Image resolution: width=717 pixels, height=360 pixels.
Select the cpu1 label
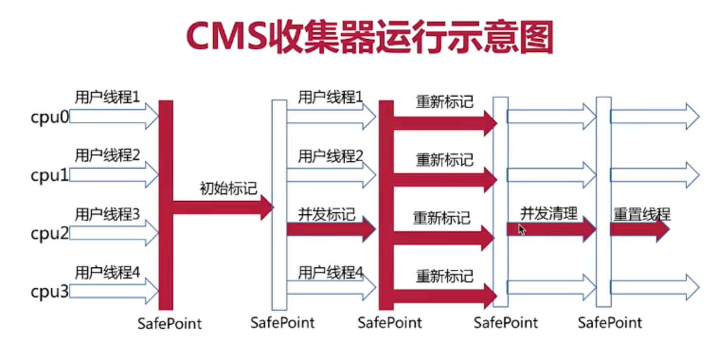[x=49, y=176]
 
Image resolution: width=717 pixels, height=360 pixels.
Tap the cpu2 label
[x=49, y=234]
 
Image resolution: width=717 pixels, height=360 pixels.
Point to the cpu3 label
[x=49, y=292]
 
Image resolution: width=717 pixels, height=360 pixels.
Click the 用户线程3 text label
[x=107, y=215]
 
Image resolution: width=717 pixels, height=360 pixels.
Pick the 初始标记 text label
[x=228, y=188]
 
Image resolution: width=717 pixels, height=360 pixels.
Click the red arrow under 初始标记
[x=223, y=207]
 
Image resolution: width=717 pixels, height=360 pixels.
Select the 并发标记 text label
[x=326, y=214]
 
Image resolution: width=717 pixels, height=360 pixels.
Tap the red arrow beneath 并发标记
[x=331, y=230]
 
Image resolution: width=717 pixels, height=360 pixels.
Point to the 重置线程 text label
[x=642, y=214]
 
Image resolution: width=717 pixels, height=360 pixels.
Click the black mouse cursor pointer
[x=521, y=230]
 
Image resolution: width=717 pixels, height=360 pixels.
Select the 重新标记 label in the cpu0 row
[x=444, y=101]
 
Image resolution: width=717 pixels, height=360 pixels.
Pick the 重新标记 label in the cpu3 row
[x=444, y=276]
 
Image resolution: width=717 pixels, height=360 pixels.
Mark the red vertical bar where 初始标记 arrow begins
[x=166, y=205]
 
